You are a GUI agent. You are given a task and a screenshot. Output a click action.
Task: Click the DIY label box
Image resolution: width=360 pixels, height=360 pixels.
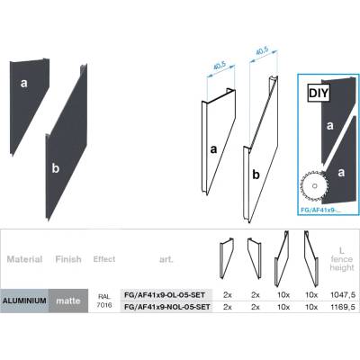(x=319, y=94)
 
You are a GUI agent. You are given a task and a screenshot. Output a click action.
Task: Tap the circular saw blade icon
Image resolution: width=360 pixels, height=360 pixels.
(x=315, y=185)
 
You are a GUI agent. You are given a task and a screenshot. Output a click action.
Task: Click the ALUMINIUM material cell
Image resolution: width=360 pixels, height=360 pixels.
(x=24, y=301)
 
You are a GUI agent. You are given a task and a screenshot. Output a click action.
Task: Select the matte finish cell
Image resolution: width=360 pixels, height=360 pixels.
(x=68, y=301)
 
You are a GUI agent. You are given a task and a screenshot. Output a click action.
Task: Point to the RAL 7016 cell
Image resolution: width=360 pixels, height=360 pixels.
(x=104, y=301)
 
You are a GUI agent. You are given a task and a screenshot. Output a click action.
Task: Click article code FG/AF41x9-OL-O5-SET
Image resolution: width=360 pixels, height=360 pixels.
(x=165, y=295)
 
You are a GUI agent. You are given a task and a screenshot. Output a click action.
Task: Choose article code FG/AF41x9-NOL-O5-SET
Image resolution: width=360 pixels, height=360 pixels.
(x=166, y=307)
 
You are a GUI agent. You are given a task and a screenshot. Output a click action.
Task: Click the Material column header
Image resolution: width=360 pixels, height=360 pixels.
(x=24, y=259)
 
